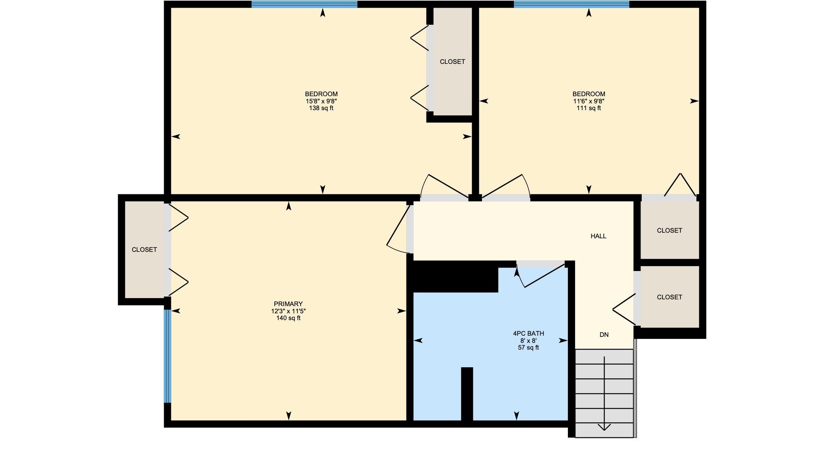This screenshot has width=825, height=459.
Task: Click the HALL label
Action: point(598,236)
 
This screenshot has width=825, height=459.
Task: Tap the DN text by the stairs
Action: point(604,335)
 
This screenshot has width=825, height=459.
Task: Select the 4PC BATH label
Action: point(528,334)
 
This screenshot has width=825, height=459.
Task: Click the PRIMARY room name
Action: point(288,304)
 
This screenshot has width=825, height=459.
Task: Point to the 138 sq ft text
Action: point(321,108)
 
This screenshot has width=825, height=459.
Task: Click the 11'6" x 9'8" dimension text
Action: point(589,101)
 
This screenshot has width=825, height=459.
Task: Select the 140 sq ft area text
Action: point(288,318)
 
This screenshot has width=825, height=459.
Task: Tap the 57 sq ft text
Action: point(528,348)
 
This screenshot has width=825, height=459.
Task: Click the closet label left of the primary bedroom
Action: point(144,250)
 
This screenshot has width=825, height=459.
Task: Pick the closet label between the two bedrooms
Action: point(452,62)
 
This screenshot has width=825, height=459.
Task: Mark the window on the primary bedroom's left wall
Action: point(168,356)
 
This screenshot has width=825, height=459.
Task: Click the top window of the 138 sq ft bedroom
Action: point(304,4)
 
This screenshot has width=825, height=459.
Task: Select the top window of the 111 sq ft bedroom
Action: point(571,4)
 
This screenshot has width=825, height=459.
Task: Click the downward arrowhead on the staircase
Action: point(604,427)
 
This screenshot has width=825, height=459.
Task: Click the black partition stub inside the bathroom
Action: point(467,394)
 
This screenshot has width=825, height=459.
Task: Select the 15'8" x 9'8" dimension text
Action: point(321,101)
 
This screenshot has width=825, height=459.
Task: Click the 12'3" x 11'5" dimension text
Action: point(288,311)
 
